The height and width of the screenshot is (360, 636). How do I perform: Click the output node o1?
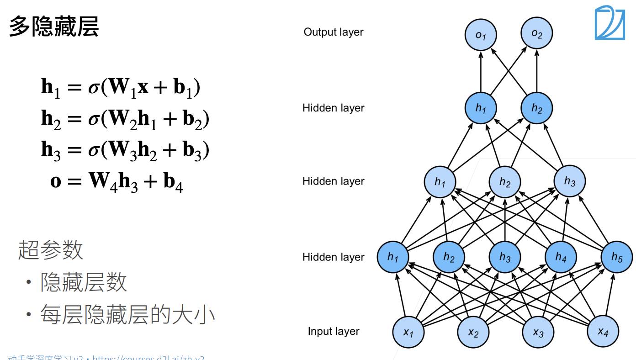click(x=481, y=34)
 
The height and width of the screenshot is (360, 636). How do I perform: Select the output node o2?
click(x=537, y=34)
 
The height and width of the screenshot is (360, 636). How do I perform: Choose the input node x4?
click(x=603, y=331)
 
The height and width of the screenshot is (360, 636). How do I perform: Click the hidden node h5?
click(x=617, y=258)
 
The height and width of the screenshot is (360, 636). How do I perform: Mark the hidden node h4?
click(x=561, y=258)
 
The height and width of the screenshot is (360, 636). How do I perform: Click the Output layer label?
click(x=334, y=32)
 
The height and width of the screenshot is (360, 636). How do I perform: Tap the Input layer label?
click(x=334, y=332)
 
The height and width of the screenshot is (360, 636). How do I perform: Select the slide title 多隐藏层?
click(x=54, y=26)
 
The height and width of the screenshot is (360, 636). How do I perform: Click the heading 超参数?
click(x=51, y=250)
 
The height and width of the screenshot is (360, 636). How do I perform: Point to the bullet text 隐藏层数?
click(x=84, y=283)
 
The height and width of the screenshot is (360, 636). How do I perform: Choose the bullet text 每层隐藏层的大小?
click(x=128, y=315)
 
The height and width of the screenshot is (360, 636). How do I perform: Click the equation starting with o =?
click(x=117, y=181)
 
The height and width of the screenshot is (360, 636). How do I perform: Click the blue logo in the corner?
click(x=609, y=22)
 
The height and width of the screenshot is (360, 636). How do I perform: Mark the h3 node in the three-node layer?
click(x=570, y=181)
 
